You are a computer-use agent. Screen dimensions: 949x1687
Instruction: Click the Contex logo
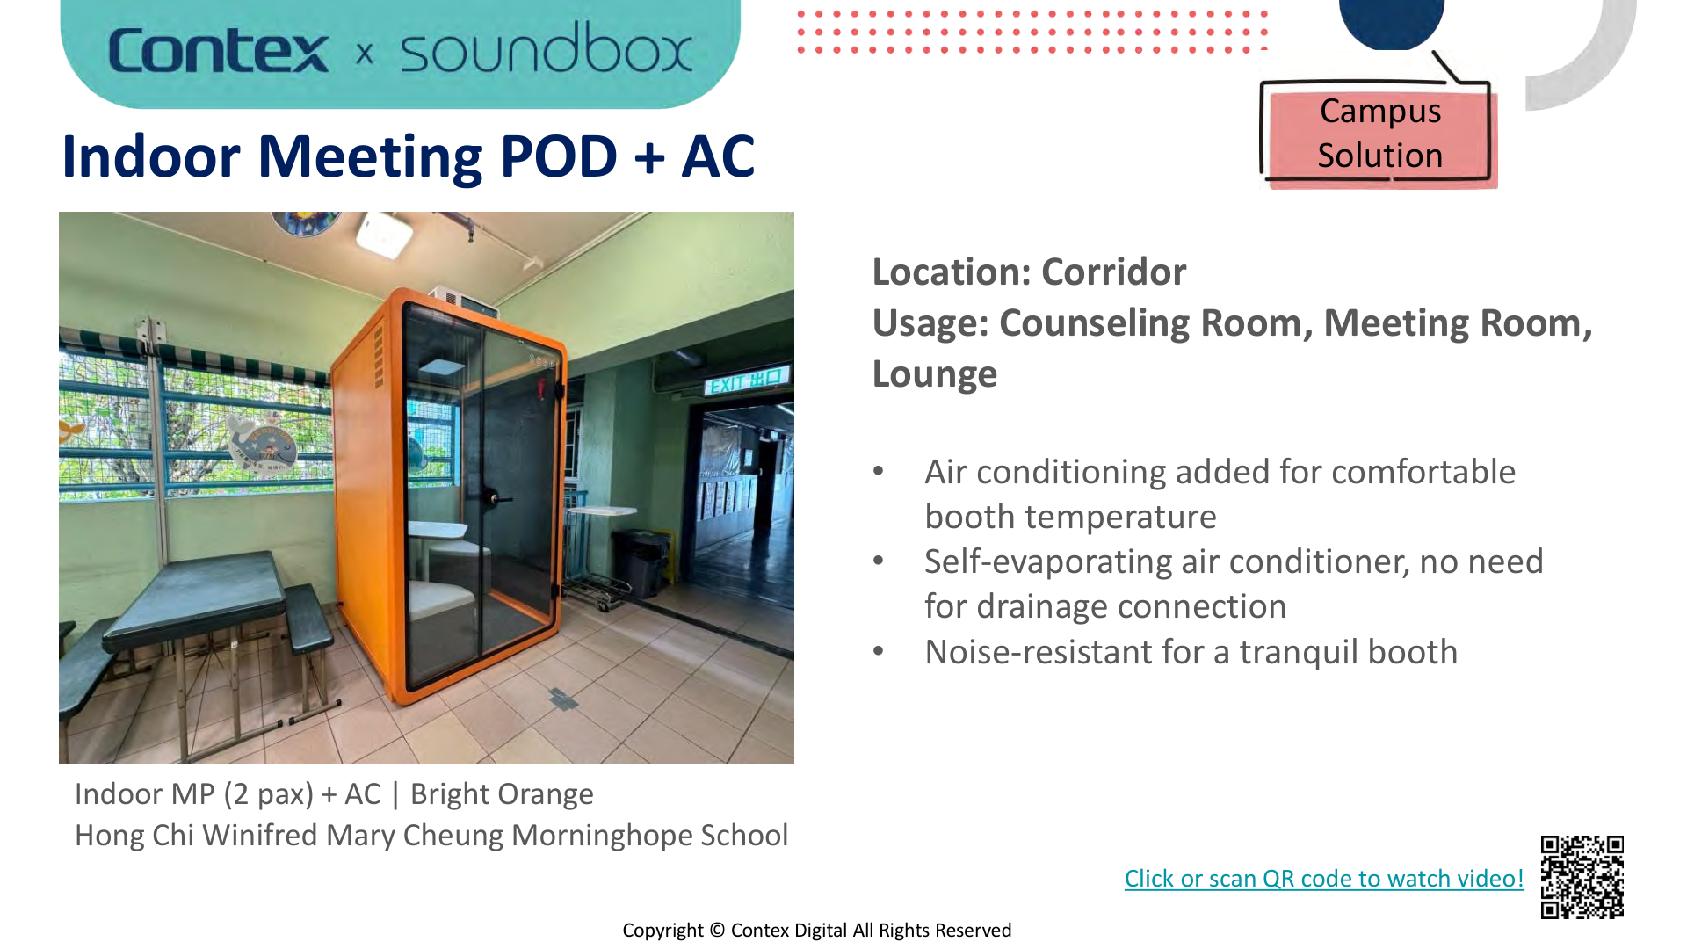tap(219, 51)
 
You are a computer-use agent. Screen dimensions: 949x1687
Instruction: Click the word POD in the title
tap(558, 157)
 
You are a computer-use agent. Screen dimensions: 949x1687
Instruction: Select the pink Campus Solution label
tap(1379, 134)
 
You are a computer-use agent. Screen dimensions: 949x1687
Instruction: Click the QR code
tap(1582, 876)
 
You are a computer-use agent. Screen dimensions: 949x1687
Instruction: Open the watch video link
tap(1323, 879)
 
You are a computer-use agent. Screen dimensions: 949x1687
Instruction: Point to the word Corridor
tap(1113, 272)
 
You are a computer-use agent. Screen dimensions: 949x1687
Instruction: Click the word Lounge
tap(934, 374)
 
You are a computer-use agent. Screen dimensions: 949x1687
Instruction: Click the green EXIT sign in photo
tap(746, 381)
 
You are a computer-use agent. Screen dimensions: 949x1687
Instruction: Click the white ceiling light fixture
tap(384, 234)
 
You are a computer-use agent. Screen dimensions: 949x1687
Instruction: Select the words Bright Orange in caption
tap(502, 794)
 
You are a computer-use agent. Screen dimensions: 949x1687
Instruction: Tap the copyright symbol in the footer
tap(717, 931)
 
